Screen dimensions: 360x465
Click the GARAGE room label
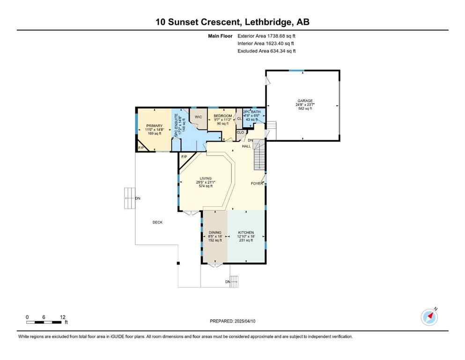click(x=304, y=100)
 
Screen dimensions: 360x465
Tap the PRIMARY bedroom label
click(x=154, y=126)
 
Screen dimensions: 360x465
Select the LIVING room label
click(x=206, y=179)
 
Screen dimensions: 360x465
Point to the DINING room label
click(x=215, y=232)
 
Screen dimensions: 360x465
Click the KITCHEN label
click(x=246, y=232)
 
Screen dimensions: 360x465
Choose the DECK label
click(x=157, y=222)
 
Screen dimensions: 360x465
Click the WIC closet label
click(x=198, y=116)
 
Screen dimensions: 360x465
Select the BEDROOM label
click(x=222, y=116)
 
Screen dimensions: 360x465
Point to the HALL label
click(x=246, y=146)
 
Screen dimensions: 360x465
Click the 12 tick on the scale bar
click(x=63, y=317)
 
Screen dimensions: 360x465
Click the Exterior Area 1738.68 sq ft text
click(x=266, y=36)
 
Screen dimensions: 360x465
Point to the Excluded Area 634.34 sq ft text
click(x=266, y=51)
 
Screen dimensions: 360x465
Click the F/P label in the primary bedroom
click(x=141, y=148)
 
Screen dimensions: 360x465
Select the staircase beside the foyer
click(x=259, y=157)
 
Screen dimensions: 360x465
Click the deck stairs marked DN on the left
click(x=129, y=198)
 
